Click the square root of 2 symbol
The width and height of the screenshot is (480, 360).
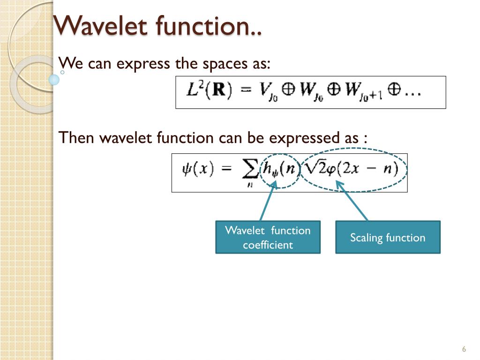(315, 168)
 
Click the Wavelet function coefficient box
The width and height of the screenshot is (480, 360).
(268, 237)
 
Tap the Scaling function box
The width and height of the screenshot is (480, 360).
(388, 237)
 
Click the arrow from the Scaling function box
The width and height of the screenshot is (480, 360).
(352, 201)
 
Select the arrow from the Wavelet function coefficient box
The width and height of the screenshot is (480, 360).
(267, 202)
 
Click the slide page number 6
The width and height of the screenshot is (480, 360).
(464, 349)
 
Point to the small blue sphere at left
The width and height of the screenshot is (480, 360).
(54, 80)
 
